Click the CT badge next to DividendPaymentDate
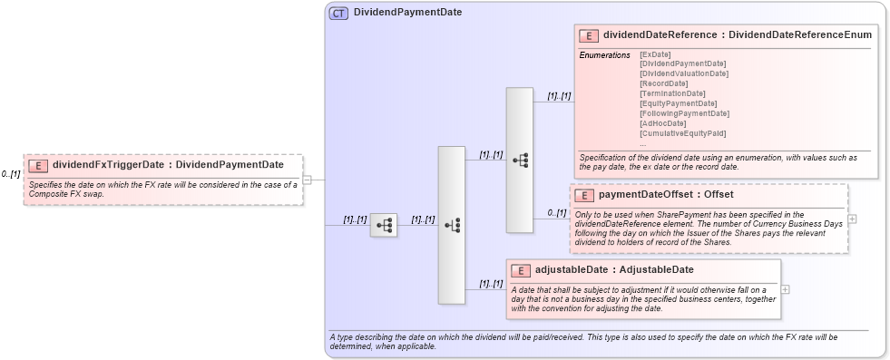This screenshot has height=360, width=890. pyautogui.click(x=338, y=13)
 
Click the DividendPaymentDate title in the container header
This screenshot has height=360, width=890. pyautogui.click(x=407, y=13)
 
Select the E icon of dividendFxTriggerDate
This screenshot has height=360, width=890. pyautogui.click(x=38, y=165)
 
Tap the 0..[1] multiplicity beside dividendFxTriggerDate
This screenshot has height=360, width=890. pyautogui.click(x=11, y=174)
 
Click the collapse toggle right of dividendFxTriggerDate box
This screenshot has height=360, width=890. pyautogui.click(x=307, y=180)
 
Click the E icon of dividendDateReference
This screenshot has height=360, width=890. pyautogui.click(x=589, y=35)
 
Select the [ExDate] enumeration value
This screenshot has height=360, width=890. pyautogui.click(x=655, y=54)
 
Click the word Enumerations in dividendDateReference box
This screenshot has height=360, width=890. pyautogui.click(x=604, y=55)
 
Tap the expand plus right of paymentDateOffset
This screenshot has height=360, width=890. pyautogui.click(x=852, y=219)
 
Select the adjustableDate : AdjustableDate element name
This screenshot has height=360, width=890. pyautogui.click(x=614, y=269)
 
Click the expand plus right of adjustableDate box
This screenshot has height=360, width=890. pyautogui.click(x=785, y=289)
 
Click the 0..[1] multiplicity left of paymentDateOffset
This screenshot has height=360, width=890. pyautogui.click(x=556, y=212)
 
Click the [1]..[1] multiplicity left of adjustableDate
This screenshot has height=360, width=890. pyautogui.click(x=491, y=284)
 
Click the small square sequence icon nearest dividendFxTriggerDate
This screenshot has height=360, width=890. pyautogui.click(x=384, y=225)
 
